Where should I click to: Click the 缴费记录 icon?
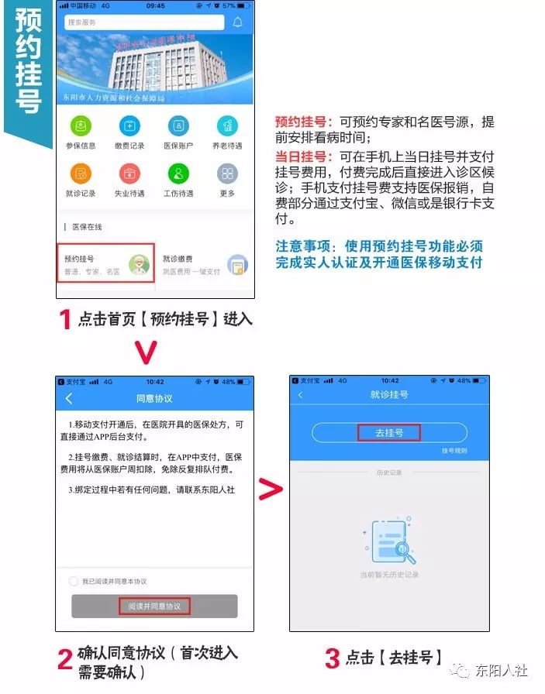(130, 125)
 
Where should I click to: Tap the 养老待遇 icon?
(227, 125)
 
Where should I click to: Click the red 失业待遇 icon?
(130, 173)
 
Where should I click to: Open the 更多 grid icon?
(227, 173)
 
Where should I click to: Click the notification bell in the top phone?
(238, 22)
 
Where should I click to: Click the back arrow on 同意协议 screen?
(69, 398)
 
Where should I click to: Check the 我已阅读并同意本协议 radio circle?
(74, 581)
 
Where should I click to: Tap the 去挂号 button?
(389, 433)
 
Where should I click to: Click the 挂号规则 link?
(454, 451)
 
